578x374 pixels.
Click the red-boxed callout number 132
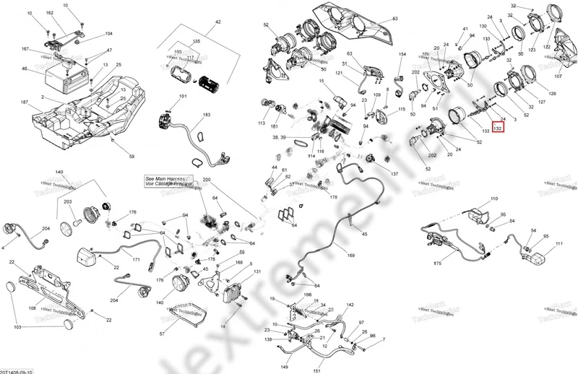click(497, 127)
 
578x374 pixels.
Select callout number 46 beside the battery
click(25, 69)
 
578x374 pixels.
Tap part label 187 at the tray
click(25, 103)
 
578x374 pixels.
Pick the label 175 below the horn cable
click(437, 264)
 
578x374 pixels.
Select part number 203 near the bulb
click(68, 202)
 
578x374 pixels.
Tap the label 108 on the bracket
click(33, 308)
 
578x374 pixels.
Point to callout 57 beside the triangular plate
click(162, 334)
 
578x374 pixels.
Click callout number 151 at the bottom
click(316, 371)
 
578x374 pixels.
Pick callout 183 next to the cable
click(207, 116)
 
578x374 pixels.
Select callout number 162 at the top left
click(50, 14)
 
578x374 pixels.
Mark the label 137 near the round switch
click(394, 174)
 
